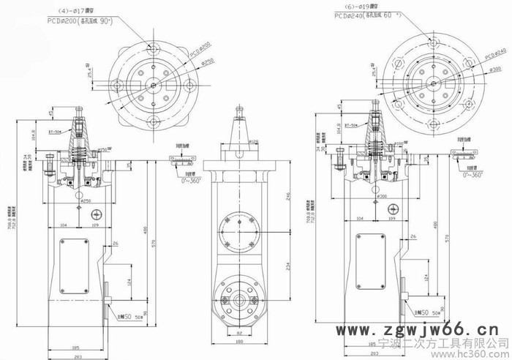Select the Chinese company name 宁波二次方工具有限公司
tap(443, 341)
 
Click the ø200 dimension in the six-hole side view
tap(380, 198)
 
